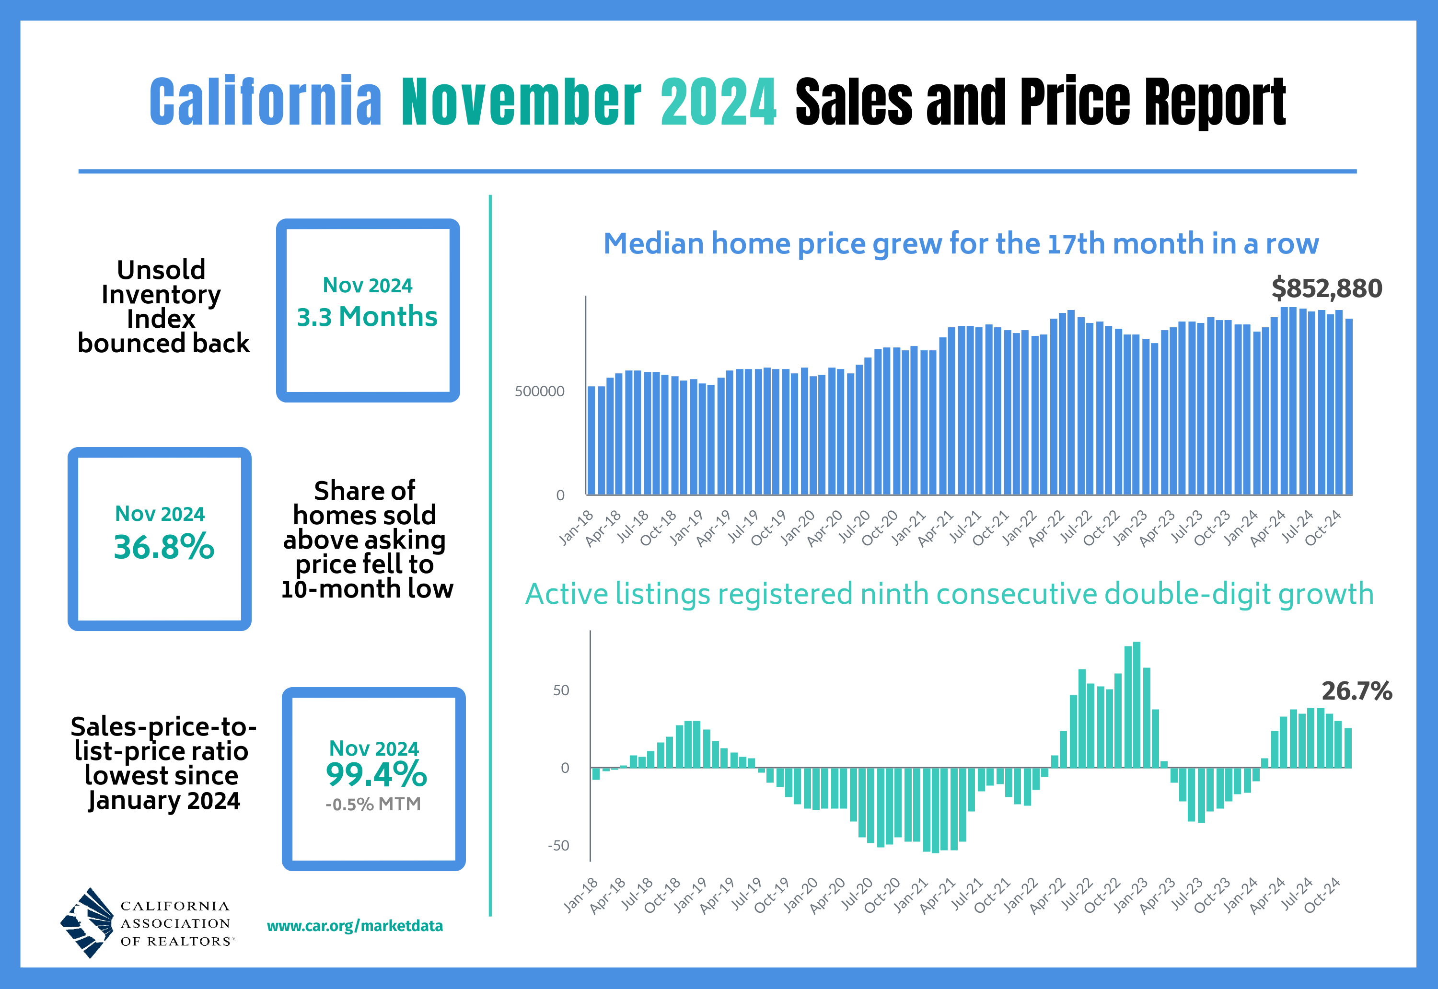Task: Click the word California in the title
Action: pos(265,102)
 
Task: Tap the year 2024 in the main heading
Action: pos(718,102)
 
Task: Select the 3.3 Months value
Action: pos(367,317)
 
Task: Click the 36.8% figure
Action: pos(163,547)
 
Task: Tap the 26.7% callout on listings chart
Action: pos(1356,691)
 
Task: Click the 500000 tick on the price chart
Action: pos(539,391)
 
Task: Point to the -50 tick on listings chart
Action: pos(558,846)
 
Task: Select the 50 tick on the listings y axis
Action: pos(560,690)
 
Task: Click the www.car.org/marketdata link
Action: pos(355,926)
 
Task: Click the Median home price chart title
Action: pos(961,243)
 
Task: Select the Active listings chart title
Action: pos(950,594)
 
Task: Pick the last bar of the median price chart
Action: pos(1349,406)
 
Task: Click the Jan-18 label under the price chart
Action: pos(577,528)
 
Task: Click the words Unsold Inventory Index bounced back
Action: pos(162,307)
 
